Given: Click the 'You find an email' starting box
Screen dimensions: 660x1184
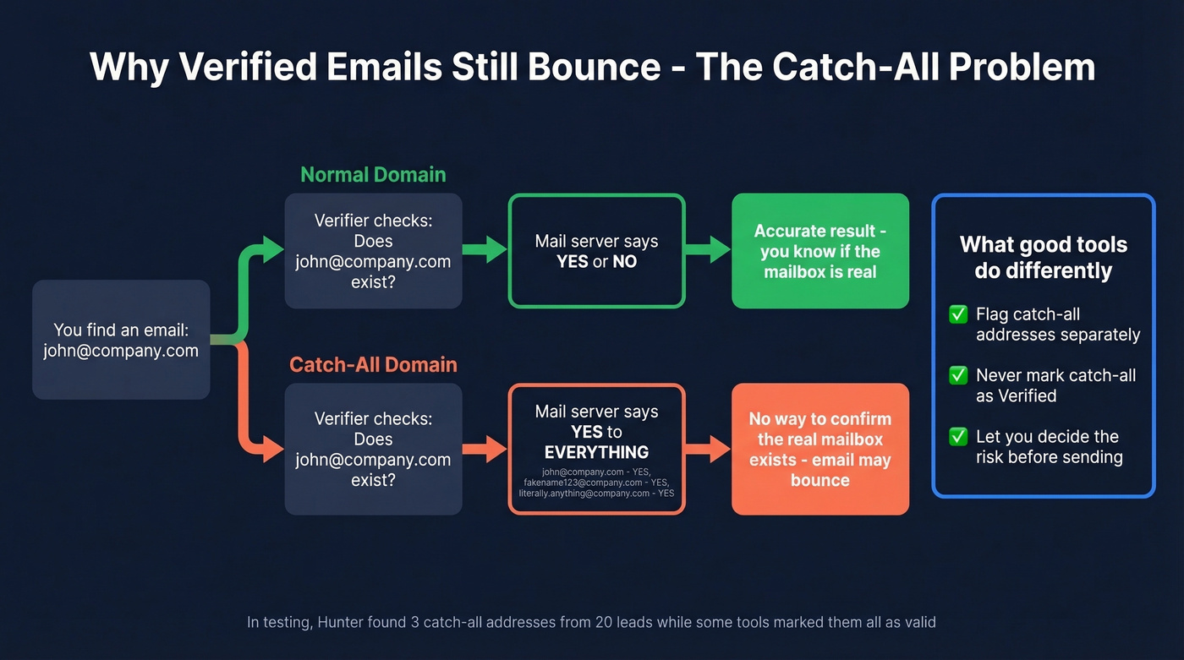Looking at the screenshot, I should (x=121, y=340).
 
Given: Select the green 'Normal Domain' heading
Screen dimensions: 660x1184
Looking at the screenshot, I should (x=373, y=175).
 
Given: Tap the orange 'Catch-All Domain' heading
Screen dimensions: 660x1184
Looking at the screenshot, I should (x=373, y=364).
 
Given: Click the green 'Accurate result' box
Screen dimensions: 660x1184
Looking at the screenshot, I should (x=819, y=251).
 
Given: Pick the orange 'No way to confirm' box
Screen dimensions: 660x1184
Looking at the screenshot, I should (x=819, y=449).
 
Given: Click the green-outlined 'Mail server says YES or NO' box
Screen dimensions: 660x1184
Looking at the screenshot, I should (x=596, y=251).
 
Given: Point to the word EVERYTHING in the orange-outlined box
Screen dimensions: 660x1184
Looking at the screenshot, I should (x=596, y=452).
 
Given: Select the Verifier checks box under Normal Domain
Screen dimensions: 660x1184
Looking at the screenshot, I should (x=373, y=251).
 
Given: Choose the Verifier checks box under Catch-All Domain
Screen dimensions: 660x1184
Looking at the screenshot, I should (x=373, y=449).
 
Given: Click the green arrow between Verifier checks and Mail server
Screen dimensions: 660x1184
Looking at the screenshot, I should (x=485, y=249).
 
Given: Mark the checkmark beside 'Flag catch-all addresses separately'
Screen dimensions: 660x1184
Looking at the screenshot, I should (x=958, y=314).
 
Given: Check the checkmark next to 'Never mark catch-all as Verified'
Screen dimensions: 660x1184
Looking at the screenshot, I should (x=958, y=375).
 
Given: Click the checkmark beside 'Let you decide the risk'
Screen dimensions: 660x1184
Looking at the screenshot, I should (x=958, y=437).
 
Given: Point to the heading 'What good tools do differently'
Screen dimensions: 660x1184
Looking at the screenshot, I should (x=1043, y=258).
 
